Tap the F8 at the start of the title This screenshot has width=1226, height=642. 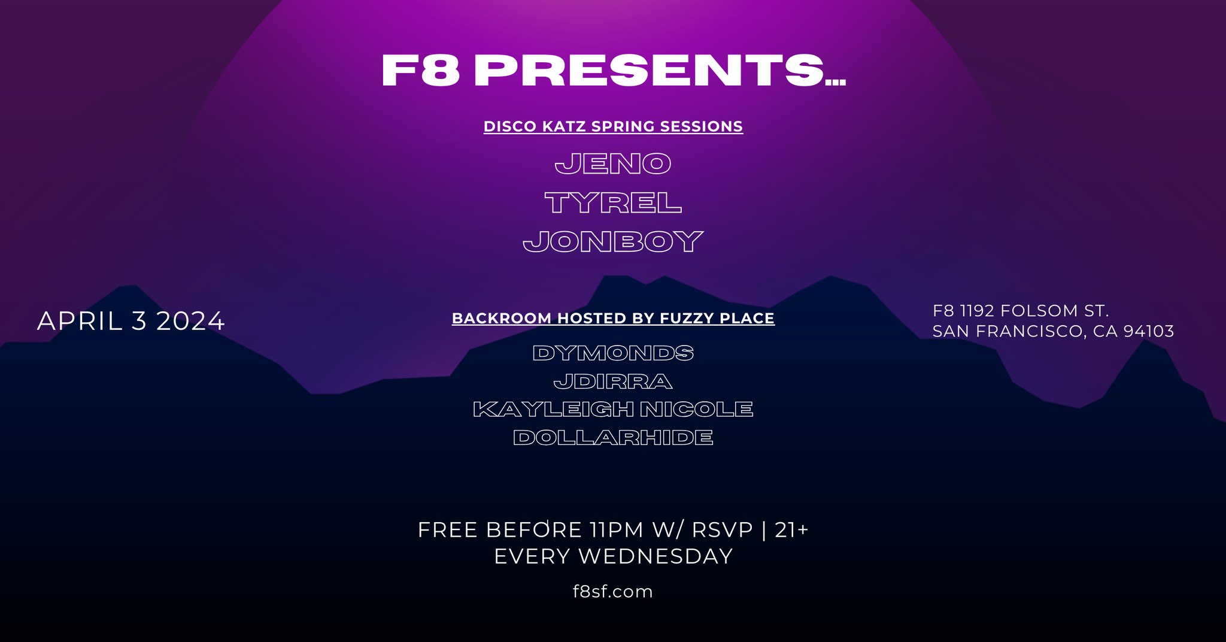(x=421, y=71)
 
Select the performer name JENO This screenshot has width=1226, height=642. (x=613, y=163)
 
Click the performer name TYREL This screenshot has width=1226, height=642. (x=613, y=203)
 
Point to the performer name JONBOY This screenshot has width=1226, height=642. (x=613, y=241)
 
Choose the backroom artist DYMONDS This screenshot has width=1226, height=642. (x=613, y=353)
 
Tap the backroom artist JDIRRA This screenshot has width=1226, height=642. (x=613, y=381)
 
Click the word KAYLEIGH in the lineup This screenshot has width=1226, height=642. (x=553, y=409)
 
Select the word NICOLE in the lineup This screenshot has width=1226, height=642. (x=697, y=409)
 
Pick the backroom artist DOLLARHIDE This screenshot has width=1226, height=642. (x=613, y=438)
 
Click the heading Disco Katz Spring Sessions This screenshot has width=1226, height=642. (x=613, y=126)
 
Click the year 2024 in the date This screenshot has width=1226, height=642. (x=190, y=321)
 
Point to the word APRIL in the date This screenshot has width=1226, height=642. (x=80, y=321)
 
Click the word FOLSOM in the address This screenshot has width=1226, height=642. (x=1039, y=311)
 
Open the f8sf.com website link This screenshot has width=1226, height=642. (x=613, y=592)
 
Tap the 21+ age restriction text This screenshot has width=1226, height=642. (x=791, y=530)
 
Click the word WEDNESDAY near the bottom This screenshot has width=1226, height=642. (x=656, y=556)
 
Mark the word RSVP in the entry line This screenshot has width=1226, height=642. (x=722, y=530)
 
